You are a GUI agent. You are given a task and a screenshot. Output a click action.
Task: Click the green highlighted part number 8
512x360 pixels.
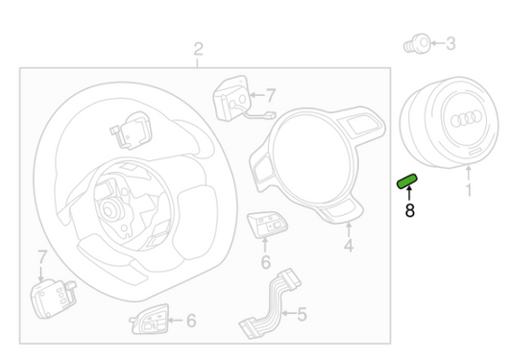(x=407, y=181)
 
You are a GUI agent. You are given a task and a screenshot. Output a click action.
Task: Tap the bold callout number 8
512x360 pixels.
(x=410, y=210)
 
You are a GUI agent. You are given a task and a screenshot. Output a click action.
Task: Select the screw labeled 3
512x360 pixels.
(x=417, y=43)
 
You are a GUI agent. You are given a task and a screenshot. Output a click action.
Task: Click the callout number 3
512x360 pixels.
(x=451, y=43)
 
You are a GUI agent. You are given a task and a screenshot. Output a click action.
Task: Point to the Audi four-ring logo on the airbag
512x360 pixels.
(x=466, y=118)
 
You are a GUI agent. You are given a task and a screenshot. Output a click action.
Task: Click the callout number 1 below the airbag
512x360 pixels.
(x=469, y=190)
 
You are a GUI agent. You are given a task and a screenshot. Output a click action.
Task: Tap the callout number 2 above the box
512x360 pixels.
(x=198, y=49)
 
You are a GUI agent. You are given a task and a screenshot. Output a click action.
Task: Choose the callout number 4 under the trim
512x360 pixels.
(x=349, y=246)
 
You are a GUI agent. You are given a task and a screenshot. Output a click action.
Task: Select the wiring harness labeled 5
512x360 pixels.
(x=270, y=303)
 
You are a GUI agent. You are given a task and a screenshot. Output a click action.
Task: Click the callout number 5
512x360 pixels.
(x=302, y=314)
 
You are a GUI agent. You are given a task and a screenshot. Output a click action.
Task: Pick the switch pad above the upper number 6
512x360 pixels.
(x=267, y=225)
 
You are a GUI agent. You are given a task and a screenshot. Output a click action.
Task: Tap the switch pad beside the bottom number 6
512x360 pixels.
(x=150, y=320)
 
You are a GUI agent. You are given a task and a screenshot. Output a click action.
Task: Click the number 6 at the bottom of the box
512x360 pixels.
(x=191, y=321)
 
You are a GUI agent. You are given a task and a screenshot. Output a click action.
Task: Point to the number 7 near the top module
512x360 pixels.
(x=271, y=96)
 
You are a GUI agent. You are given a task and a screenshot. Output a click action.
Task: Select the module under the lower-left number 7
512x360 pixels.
(x=53, y=299)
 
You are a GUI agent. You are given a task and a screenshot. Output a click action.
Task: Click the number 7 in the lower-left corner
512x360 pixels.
(x=42, y=257)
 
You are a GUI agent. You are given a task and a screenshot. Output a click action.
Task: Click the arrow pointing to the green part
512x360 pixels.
(x=409, y=193)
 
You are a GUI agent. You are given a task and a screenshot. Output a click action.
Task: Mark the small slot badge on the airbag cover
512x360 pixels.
(x=476, y=152)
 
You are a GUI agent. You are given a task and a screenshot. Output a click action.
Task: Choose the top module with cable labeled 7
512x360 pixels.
(x=235, y=99)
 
